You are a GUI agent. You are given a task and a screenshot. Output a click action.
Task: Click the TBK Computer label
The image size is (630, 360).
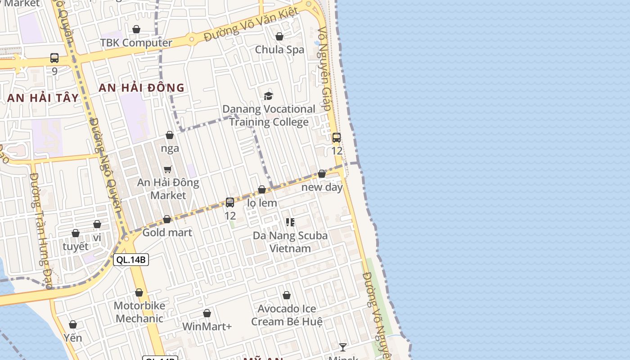[136, 43]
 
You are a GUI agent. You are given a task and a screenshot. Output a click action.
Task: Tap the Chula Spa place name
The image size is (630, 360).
[279, 49]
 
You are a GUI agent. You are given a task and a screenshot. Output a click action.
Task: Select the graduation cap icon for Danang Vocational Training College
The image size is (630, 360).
[268, 96]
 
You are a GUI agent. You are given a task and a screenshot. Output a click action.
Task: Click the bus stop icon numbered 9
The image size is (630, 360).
[54, 58]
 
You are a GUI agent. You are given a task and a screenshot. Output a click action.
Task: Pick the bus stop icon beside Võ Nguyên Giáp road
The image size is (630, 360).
[337, 138]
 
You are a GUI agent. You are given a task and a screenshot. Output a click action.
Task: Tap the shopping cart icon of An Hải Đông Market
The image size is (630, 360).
[168, 169]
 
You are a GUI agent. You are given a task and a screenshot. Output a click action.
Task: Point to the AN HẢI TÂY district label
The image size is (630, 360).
[43, 98]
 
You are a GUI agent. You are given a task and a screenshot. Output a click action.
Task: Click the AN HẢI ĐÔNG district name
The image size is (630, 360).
[141, 87]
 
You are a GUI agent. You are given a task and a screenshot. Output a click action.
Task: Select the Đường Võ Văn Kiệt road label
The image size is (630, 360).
[251, 25]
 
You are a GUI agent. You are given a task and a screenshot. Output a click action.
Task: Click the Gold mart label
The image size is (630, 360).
[167, 233]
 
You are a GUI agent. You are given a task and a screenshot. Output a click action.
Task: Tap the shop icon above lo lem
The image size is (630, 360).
[262, 189]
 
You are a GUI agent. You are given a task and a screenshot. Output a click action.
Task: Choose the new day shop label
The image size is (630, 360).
[322, 187]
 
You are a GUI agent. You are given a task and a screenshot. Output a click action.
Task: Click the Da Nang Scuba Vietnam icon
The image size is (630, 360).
[290, 222]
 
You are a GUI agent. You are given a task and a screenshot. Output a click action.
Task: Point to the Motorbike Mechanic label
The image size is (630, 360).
[139, 312]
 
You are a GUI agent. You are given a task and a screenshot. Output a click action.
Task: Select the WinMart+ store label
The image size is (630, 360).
[207, 326]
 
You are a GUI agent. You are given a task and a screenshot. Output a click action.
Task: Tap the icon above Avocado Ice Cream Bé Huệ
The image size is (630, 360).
[287, 295]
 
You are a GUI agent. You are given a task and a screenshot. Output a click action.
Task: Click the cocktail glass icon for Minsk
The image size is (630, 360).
[343, 347]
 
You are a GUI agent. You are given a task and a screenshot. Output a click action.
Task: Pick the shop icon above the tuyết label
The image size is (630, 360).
[76, 233]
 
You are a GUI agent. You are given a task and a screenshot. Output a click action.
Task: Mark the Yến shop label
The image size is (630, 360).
[73, 337]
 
